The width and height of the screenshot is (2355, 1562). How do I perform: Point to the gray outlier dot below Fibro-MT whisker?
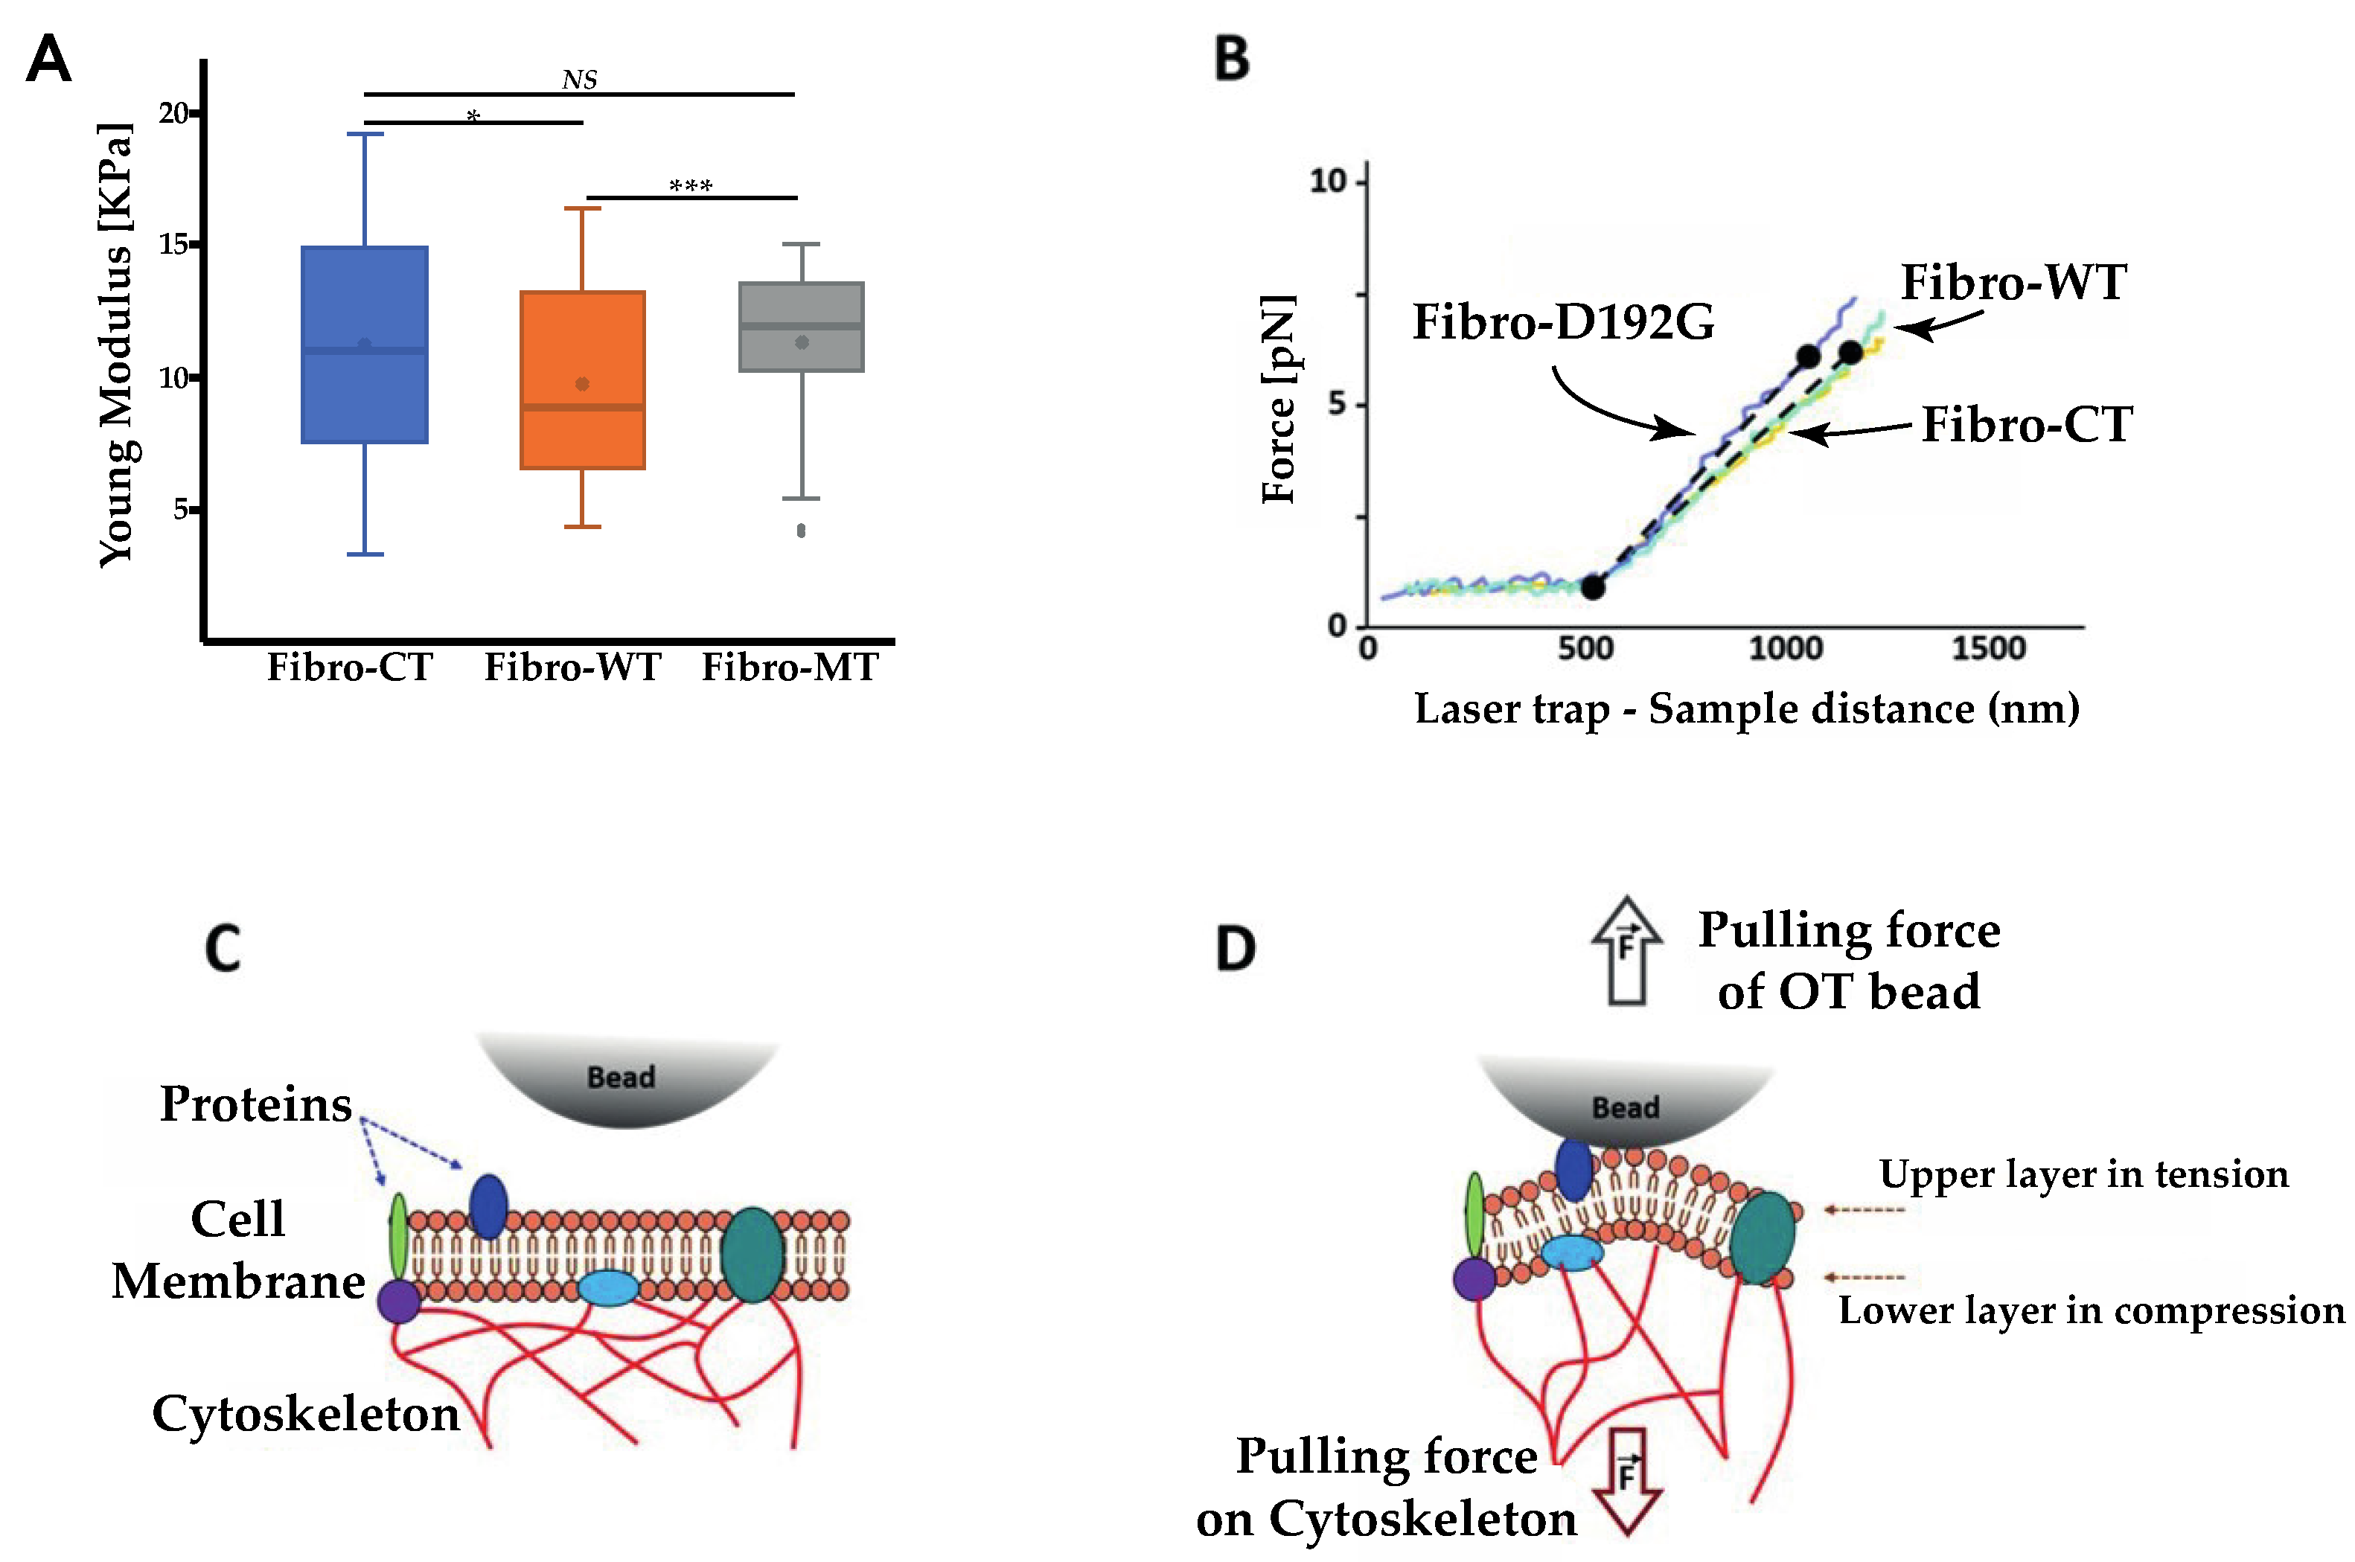pyautogui.click(x=801, y=531)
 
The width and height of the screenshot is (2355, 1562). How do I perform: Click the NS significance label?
pyautogui.click(x=579, y=80)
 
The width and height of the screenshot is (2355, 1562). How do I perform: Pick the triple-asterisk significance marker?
pyautogui.click(x=691, y=186)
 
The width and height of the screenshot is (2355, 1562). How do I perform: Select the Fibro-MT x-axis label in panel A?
pyautogui.click(x=790, y=668)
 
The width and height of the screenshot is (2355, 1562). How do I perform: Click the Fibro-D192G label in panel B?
pyautogui.click(x=1563, y=321)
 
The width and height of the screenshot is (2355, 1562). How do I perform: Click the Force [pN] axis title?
pyautogui.click(x=1279, y=398)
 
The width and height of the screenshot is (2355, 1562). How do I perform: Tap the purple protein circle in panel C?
pyautogui.click(x=400, y=1301)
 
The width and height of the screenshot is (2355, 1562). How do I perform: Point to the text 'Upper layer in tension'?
pyautogui.click(x=2083, y=1174)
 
